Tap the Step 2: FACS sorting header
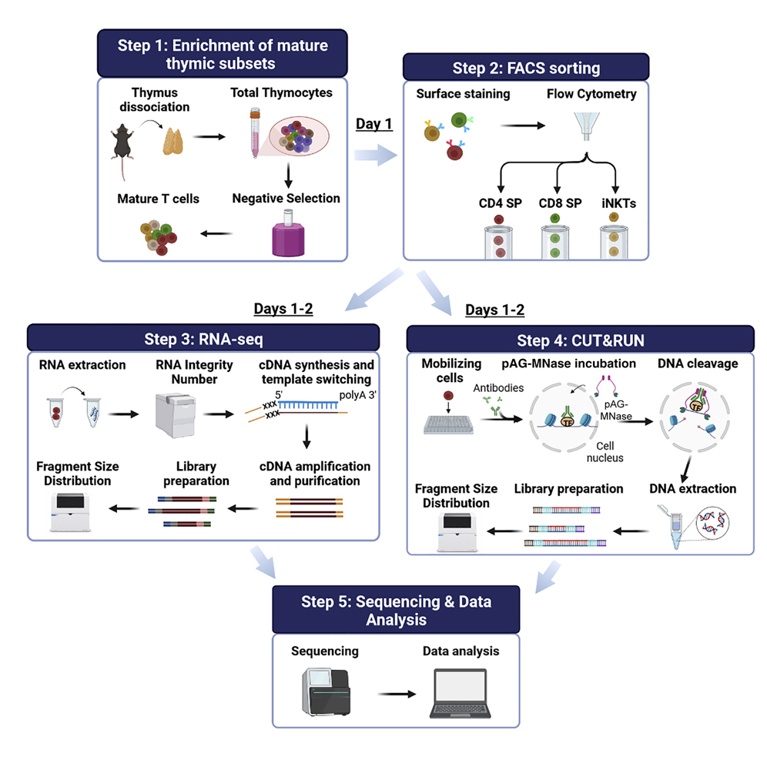click(525, 68)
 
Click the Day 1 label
click(374, 124)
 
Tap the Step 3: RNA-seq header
click(203, 338)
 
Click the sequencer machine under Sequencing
click(324, 693)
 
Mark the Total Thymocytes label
click(281, 92)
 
